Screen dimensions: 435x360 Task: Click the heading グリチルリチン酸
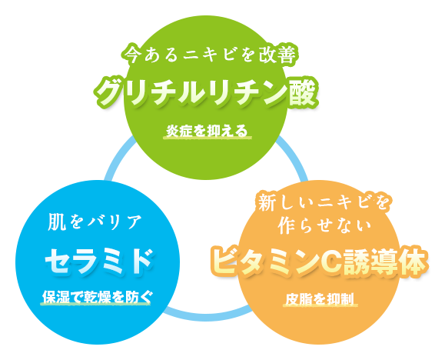(205, 92)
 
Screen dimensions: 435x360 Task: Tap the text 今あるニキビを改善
(210, 55)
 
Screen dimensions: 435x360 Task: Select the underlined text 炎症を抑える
(207, 131)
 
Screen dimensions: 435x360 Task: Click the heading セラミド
(99, 262)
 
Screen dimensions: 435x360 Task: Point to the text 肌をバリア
(95, 222)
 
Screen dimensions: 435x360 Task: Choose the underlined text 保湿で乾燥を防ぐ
(97, 297)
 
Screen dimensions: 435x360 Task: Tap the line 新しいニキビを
(324, 202)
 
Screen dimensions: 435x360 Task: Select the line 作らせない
(324, 225)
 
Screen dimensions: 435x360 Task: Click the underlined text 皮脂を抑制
(320, 299)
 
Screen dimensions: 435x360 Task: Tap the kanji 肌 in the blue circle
(57, 222)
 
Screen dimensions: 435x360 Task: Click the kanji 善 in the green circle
(287, 55)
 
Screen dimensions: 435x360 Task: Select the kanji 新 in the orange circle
(267, 202)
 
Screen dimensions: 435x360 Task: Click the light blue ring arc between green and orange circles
(294, 158)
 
